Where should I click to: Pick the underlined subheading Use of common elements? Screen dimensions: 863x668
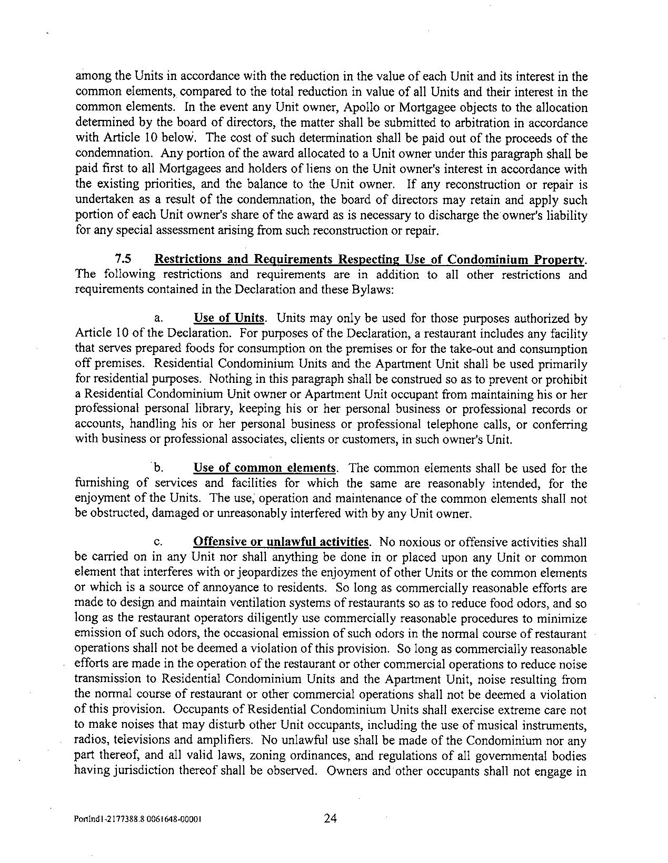click(x=265, y=468)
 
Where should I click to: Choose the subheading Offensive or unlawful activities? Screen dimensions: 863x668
click(x=281, y=542)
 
